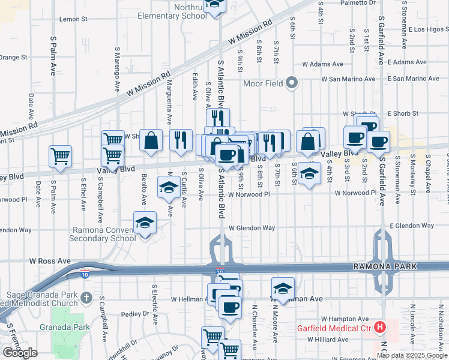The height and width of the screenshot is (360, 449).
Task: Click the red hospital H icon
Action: tap(379, 327)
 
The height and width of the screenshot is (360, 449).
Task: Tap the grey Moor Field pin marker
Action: tap(292, 83)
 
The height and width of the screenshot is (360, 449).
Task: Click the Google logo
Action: tap(20, 353)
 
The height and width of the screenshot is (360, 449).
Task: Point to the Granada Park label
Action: tap(73, 327)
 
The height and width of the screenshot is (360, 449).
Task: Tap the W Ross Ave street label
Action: tap(50, 262)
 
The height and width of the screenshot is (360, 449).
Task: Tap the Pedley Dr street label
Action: tap(134, 314)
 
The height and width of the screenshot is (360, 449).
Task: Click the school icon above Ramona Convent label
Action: tap(145, 223)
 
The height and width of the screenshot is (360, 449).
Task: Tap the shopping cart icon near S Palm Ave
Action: tap(61, 157)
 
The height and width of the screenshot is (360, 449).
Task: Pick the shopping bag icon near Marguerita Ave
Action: tap(151, 141)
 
